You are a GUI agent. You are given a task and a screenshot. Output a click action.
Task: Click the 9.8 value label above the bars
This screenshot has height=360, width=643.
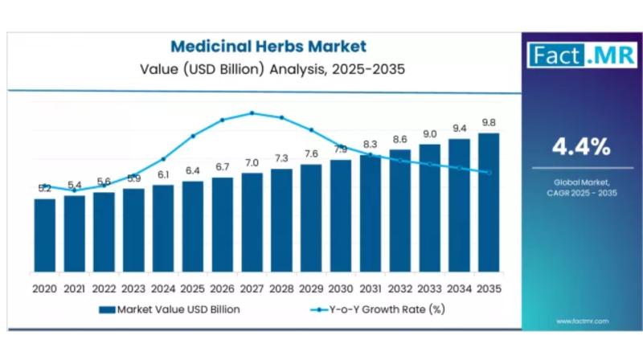click(489, 122)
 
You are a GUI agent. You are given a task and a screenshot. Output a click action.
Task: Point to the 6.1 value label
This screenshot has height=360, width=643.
click(163, 174)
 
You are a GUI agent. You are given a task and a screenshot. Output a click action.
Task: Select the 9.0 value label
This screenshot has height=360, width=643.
click(430, 134)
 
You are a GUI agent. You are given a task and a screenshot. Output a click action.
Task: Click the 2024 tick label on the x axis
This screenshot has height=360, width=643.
click(163, 287)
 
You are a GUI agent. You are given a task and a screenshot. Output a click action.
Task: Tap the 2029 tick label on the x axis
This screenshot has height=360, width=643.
click(311, 287)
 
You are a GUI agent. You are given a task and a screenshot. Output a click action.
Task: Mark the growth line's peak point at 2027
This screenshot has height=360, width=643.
click(252, 112)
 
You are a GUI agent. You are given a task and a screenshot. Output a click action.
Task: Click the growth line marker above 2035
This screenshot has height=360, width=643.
click(489, 172)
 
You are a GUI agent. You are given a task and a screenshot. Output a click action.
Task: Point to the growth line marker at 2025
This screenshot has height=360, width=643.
click(193, 136)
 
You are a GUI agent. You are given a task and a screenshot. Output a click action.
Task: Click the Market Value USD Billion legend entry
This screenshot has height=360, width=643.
click(169, 309)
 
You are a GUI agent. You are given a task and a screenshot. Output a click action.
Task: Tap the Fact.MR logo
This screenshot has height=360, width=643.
click(581, 55)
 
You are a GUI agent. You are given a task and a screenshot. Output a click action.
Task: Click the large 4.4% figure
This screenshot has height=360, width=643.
click(580, 147)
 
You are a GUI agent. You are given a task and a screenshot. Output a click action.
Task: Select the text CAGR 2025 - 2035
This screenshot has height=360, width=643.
click(580, 194)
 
